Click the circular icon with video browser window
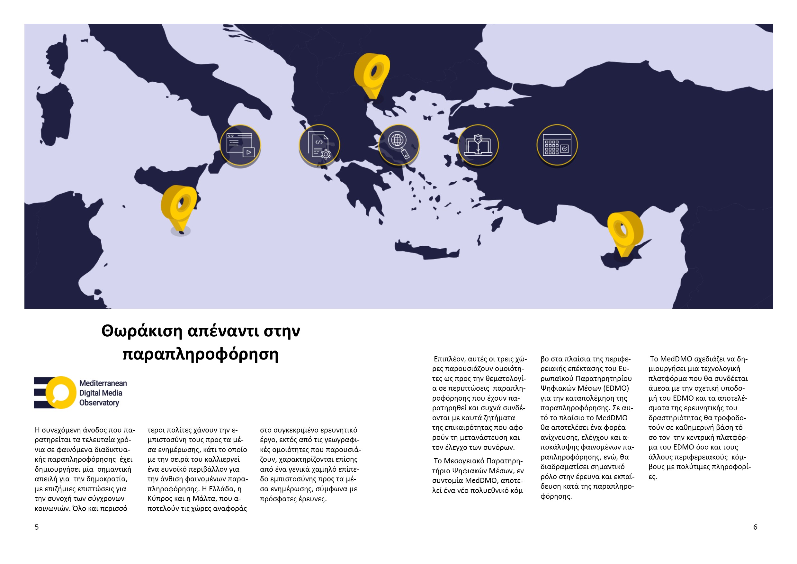240,145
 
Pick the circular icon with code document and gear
319,145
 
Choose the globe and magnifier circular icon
399,145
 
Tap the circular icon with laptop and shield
478,145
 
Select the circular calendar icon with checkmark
557,145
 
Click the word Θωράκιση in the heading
142,331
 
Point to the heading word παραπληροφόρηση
201,355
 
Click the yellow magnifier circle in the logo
61,392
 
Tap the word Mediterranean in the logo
103,383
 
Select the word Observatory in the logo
99,403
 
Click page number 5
37,527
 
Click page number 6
755,527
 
